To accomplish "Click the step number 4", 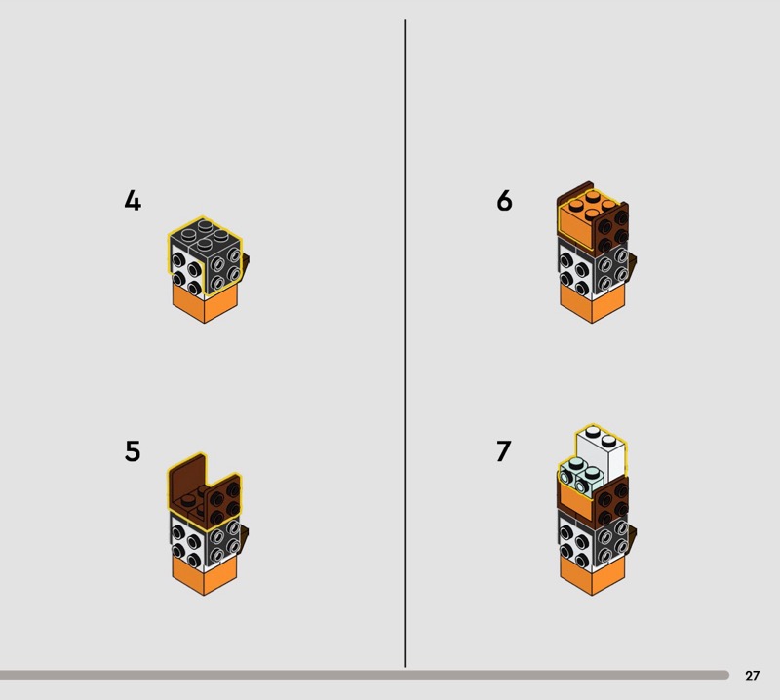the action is [133, 201].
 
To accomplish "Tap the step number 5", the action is [133, 451].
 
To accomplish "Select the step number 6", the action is [504, 201].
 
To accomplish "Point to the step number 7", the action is [503, 451].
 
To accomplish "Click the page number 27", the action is [752, 675].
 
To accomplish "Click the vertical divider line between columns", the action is [405, 343].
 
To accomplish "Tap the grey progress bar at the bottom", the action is [364, 675].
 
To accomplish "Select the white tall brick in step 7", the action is [603, 451].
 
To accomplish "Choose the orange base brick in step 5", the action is [205, 576].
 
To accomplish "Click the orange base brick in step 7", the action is [592, 576].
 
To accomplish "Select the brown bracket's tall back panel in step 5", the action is [186, 480].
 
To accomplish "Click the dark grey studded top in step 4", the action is [205, 234].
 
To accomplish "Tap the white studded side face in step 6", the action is [574, 271].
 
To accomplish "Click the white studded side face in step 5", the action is [186, 542].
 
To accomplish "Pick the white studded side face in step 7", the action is [574, 542].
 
